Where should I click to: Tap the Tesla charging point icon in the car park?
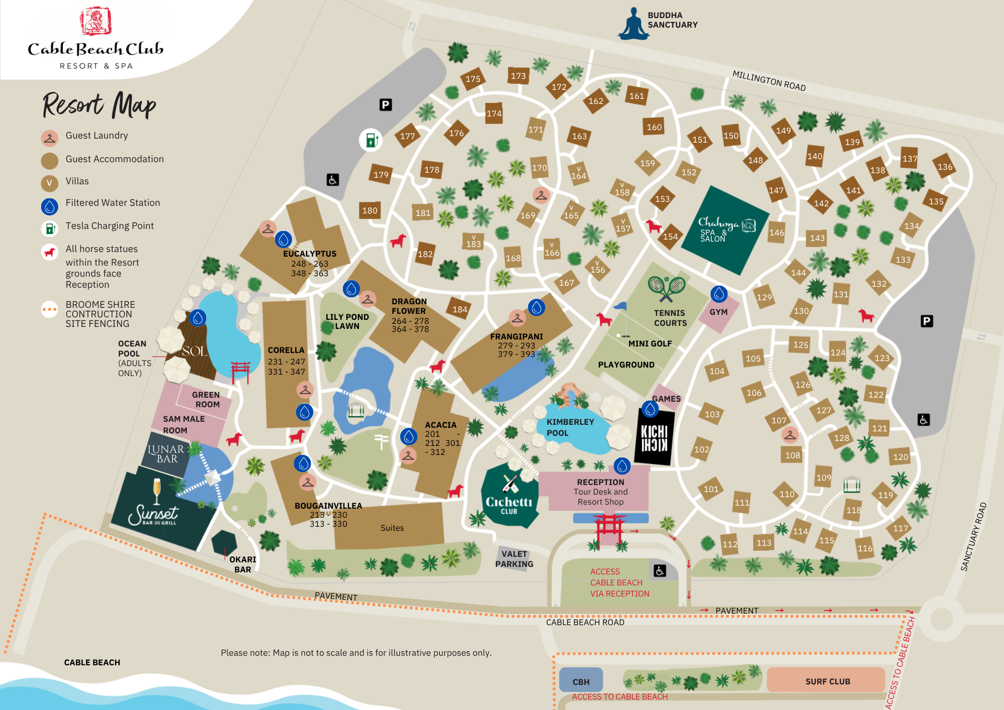point(370,140)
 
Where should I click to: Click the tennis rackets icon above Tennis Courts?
point(667,288)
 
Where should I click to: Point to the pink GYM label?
point(718,312)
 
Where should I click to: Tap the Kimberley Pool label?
point(570,427)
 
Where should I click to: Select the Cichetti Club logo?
point(509,497)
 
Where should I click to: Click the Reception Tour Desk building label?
point(600,492)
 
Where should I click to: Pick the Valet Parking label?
point(514,559)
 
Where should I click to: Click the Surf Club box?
point(827,681)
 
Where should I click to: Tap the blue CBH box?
point(581,681)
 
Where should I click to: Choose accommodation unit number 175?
point(473,79)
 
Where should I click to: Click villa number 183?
point(473,242)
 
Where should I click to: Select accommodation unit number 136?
point(944,167)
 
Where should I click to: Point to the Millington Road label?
point(769,81)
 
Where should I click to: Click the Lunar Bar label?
point(166,454)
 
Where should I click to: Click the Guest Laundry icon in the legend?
point(50,138)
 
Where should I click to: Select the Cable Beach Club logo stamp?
point(95,21)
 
